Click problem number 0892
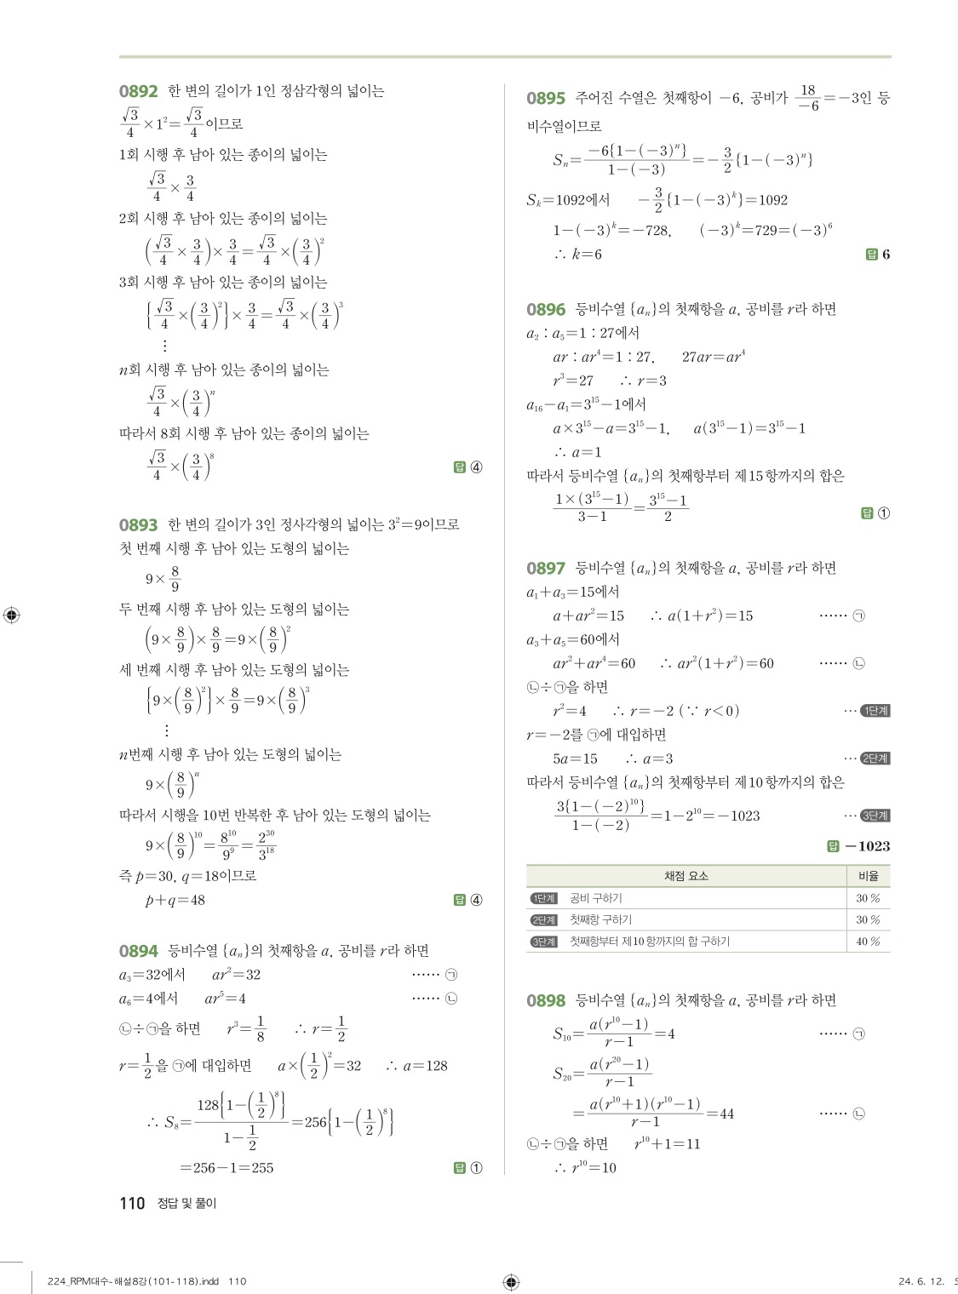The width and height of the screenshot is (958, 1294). coord(138,91)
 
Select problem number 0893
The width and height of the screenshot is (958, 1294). coord(138,525)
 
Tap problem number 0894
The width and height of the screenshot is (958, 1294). coord(138,951)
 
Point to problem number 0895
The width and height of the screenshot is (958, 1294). coord(546,99)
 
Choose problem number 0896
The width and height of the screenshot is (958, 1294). coord(546,310)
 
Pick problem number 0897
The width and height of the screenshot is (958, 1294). coord(546,568)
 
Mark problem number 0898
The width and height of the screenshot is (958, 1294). coord(546,1000)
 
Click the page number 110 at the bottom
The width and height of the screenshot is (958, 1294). coord(132,1203)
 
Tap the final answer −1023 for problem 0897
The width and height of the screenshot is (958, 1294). coord(867,846)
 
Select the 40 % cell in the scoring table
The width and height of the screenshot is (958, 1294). coord(868,942)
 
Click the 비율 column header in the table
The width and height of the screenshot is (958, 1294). coord(868,875)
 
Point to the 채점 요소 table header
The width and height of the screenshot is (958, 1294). coord(686,875)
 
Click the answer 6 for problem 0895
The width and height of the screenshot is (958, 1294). coord(886,255)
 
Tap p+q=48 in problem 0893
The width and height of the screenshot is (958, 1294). coord(175,900)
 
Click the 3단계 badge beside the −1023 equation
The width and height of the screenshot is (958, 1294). coord(875,816)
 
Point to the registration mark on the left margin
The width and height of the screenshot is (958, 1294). coord(12,615)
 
